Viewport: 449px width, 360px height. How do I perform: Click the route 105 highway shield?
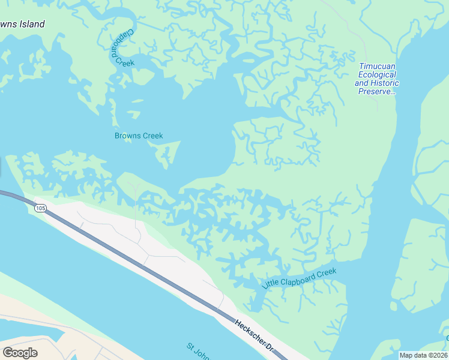tap(40, 208)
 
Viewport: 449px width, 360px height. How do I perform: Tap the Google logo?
tap(20, 353)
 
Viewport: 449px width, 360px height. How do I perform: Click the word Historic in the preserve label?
tap(385, 83)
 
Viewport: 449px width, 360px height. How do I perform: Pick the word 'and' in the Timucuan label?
tap(363, 83)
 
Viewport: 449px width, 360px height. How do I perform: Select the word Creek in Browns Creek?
tap(152, 136)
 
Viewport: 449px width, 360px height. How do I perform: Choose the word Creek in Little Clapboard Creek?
tap(327, 272)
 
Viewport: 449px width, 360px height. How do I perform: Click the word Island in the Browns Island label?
tap(34, 25)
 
